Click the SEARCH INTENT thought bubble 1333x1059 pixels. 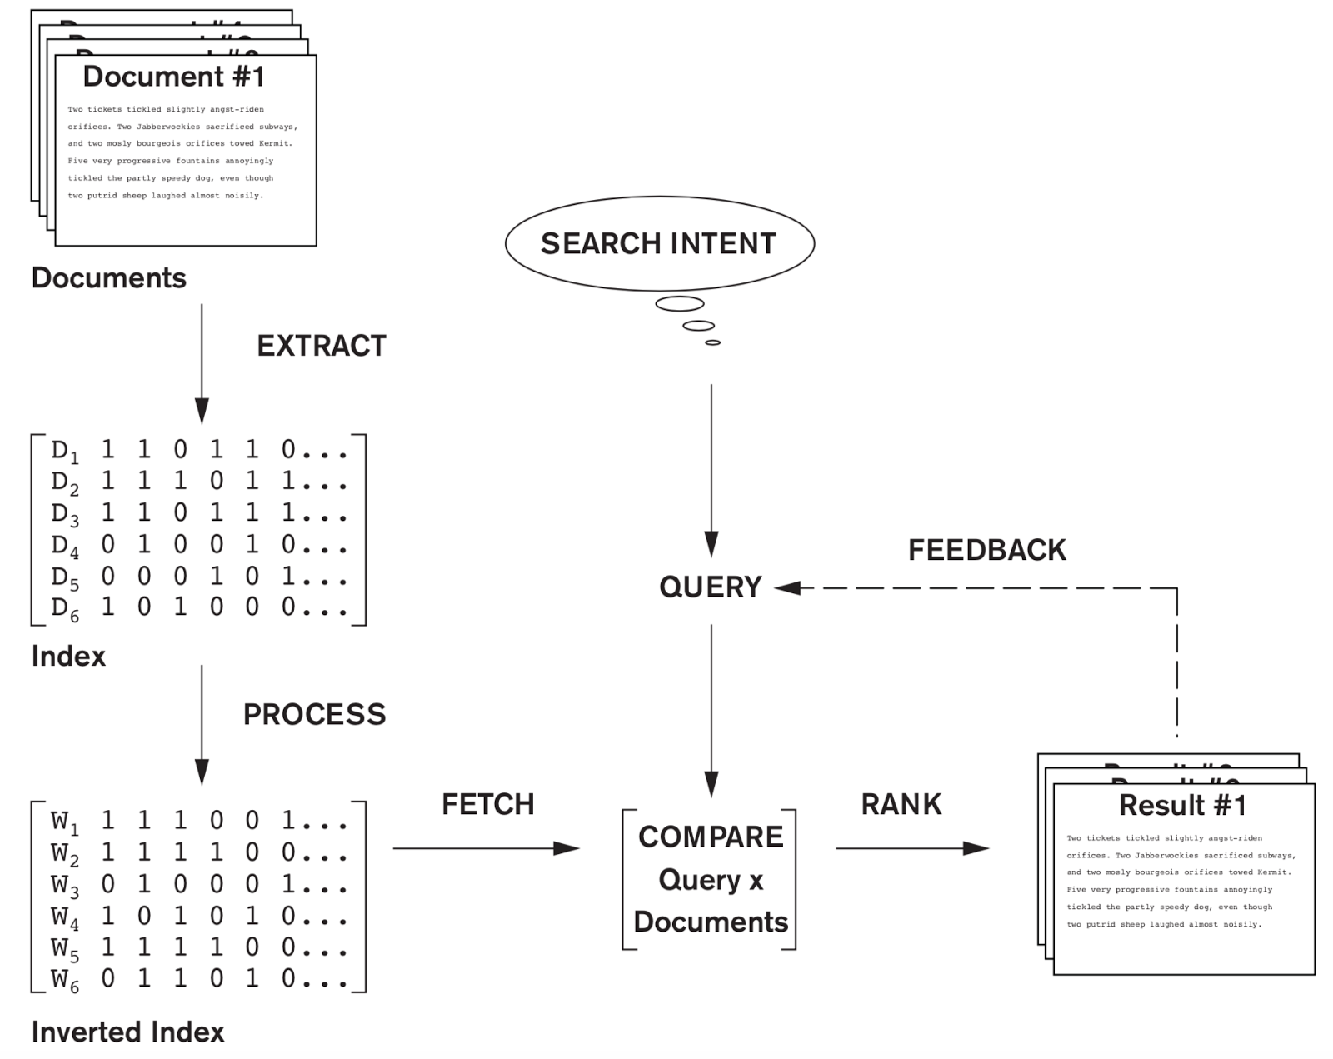[659, 243]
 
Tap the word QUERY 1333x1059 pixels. [710, 587]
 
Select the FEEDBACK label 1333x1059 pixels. [986, 550]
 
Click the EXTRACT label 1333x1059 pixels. [322, 346]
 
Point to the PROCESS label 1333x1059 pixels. [314, 714]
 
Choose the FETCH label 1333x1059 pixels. [487, 804]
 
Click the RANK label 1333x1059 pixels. [901, 804]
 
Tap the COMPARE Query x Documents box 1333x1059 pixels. [710, 879]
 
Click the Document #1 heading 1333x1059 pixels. [174, 77]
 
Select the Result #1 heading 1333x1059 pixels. [1182, 806]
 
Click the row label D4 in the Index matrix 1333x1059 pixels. [64, 547]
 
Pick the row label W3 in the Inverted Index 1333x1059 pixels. [64, 886]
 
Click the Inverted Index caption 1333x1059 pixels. [127, 1032]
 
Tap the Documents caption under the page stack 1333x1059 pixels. [108, 278]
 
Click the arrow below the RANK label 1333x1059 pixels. [911, 848]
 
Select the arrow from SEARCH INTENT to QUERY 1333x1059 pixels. [711, 467]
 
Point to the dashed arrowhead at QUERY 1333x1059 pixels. [786, 588]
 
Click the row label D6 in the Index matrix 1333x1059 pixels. [64, 609]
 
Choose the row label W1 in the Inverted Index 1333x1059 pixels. [64, 822]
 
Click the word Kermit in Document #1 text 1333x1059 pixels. [275, 143]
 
